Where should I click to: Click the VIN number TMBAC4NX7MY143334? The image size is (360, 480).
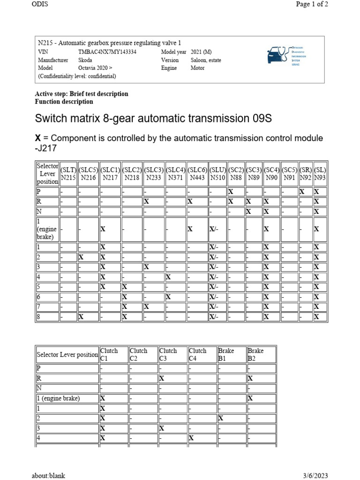click(107, 52)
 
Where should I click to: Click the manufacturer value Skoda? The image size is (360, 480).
click(85, 60)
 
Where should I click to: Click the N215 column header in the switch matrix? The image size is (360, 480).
click(68, 173)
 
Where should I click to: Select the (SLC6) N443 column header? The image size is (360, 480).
click(197, 173)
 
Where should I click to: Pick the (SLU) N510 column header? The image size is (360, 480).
click(217, 173)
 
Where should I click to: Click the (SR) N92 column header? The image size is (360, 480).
click(306, 173)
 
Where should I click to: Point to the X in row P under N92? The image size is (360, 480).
click(302, 192)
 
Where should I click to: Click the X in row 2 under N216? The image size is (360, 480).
click(81, 257)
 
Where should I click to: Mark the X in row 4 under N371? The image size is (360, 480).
click(168, 277)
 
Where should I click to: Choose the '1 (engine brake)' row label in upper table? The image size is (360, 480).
click(47, 229)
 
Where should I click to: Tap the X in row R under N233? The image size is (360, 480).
click(147, 202)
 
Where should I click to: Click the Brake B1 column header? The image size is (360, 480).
click(226, 354)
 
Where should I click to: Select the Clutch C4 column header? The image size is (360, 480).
click(197, 354)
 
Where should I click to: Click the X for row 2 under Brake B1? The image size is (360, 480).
click(221, 418)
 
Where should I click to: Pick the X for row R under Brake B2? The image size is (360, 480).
click(250, 378)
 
